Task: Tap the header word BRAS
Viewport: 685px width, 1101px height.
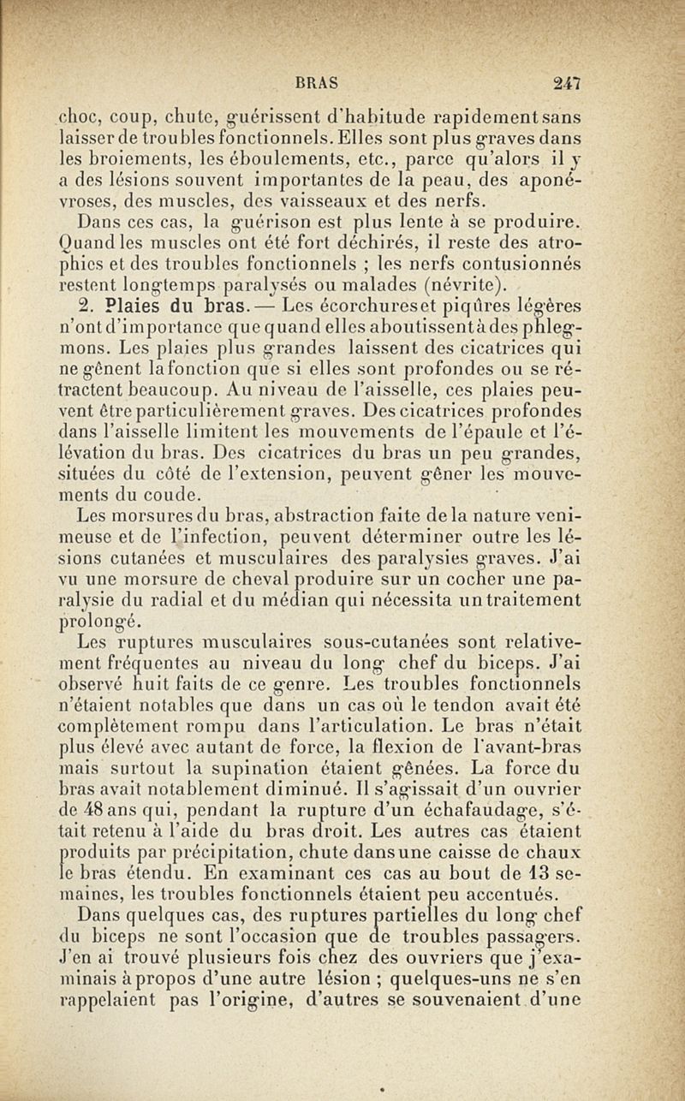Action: click(317, 83)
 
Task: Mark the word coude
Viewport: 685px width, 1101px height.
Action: click(178, 494)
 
